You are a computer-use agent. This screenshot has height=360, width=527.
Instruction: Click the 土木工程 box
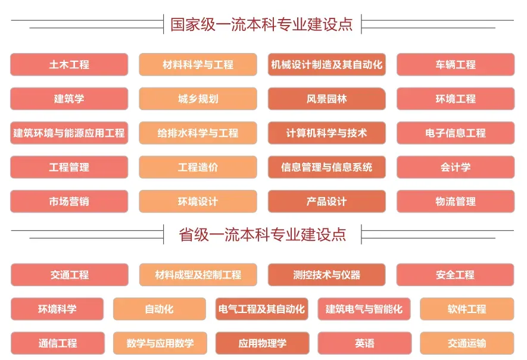tap(69, 65)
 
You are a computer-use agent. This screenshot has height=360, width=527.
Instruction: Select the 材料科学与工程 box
tap(198, 65)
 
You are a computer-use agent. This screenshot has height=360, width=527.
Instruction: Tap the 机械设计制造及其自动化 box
tap(326, 65)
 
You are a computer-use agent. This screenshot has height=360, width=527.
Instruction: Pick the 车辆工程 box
tap(456, 65)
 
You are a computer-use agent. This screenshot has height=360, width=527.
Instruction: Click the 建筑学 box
tap(69, 99)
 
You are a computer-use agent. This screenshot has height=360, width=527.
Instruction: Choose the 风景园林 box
tap(326, 99)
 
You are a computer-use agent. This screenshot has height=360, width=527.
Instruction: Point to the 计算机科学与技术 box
tap(326, 133)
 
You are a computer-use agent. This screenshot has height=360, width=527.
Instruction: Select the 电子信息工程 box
tap(456, 133)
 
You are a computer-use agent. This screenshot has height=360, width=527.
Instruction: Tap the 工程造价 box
tap(198, 167)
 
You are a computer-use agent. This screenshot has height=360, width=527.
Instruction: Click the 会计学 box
tap(456, 167)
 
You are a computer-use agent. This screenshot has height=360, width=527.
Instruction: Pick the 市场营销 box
tap(69, 202)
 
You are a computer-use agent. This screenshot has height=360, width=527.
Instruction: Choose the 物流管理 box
tap(456, 202)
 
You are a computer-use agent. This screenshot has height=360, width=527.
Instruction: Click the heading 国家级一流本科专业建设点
tap(262, 24)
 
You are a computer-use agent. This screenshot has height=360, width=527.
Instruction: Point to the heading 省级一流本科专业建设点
tap(262, 234)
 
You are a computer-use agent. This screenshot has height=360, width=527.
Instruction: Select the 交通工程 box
tap(70, 275)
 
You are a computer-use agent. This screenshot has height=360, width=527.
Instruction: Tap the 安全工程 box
tap(455, 275)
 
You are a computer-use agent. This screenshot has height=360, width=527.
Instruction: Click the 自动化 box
tap(160, 309)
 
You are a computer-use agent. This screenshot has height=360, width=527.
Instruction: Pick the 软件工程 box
tap(467, 309)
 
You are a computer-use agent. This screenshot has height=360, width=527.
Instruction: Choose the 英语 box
tap(364, 343)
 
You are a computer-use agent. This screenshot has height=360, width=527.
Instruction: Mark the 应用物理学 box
tap(262, 343)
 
